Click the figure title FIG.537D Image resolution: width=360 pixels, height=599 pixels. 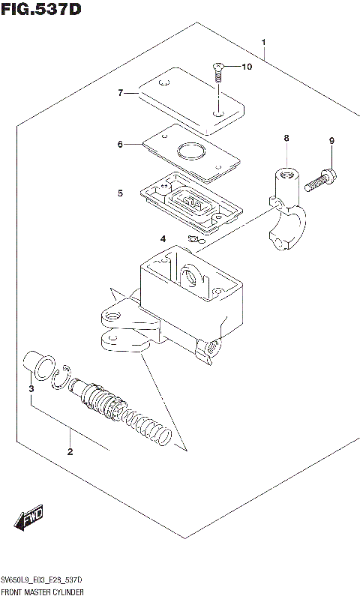point(40,10)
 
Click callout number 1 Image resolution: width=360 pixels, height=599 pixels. point(263,41)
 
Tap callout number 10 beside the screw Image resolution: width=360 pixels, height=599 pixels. point(247,67)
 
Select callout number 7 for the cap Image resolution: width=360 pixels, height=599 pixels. point(120,93)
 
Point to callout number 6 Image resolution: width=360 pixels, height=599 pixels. point(120,144)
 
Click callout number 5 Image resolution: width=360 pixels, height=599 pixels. point(120,193)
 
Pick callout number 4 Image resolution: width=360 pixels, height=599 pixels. point(163,239)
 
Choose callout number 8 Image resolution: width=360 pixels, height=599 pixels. point(286,138)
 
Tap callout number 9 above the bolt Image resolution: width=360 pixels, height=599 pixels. point(331,141)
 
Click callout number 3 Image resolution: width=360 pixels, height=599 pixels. point(31,389)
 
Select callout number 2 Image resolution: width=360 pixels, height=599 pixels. point(70,451)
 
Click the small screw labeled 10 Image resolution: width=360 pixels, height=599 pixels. point(217,73)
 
